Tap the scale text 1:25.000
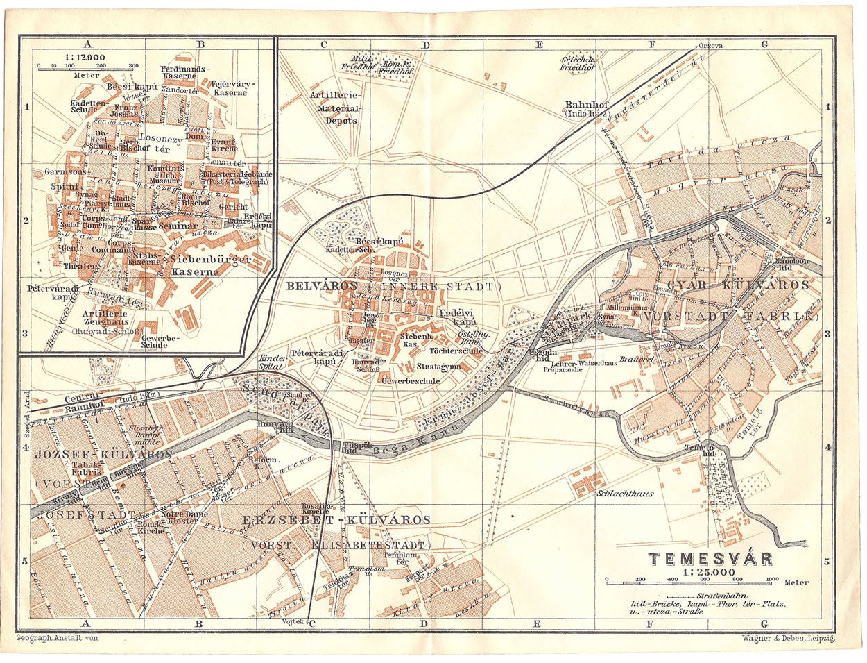click(707, 573)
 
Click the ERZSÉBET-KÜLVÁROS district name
click(336, 520)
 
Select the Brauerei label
click(637, 359)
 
